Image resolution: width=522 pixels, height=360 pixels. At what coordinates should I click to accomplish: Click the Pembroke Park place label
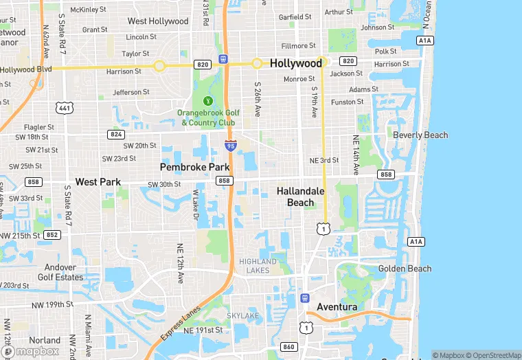(x=194, y=167)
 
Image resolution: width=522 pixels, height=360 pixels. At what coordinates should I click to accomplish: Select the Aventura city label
(x=337, y=306)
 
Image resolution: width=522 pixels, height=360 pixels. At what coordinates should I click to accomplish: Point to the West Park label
(x=98, y=182)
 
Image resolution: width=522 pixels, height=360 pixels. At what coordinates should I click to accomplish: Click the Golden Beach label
(x=405, y=269)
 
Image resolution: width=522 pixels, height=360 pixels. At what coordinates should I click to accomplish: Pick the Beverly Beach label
(x=420, y=135)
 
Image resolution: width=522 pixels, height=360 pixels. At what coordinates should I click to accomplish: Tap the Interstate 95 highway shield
(x=231, y=145)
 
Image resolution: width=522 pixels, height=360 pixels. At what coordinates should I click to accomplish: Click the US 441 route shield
(x=65, y=108)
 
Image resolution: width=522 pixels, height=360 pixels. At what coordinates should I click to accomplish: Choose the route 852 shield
(x=52, y=234)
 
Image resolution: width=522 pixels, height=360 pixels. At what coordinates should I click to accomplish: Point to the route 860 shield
(x=288, y=347)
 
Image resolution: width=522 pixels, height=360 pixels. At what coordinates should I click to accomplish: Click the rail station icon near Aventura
(x=305, y=298)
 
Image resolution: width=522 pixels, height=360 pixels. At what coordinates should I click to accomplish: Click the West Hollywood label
(x=158, y=21)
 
